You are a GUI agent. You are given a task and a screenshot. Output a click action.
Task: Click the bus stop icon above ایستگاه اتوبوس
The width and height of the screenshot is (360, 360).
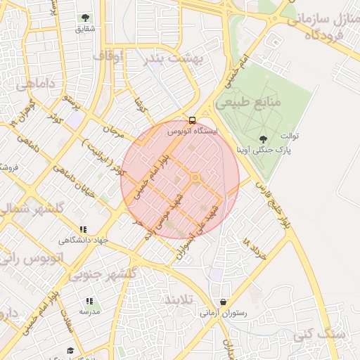(x=193, y=120)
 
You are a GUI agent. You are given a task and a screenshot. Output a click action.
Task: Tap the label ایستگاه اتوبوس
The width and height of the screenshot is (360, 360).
(x=193, y=131)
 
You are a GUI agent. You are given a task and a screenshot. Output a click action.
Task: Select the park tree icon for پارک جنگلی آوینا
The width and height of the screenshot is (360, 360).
(x=263, y=139)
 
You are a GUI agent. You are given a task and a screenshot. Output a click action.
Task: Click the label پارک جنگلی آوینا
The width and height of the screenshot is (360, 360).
(x=263, y=150)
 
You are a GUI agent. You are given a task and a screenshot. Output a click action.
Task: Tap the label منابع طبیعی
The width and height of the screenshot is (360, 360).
(x=248, y=103)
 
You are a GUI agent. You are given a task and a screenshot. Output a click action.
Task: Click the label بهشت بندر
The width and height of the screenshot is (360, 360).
(x=174, y=60)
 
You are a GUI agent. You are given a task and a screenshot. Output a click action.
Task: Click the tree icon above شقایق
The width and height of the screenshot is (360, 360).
(x=85, y=18)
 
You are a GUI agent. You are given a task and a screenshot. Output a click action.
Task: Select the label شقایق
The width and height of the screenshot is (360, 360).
(x=84, y=30)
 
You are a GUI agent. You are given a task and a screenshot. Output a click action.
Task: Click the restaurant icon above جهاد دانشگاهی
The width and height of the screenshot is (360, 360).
(x=84, y=229)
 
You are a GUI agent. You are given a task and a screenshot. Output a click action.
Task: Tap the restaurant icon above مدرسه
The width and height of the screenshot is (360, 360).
(x=89, y=301)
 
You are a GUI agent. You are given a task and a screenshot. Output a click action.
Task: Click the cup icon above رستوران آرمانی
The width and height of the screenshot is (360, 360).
(x=223, y=302)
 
